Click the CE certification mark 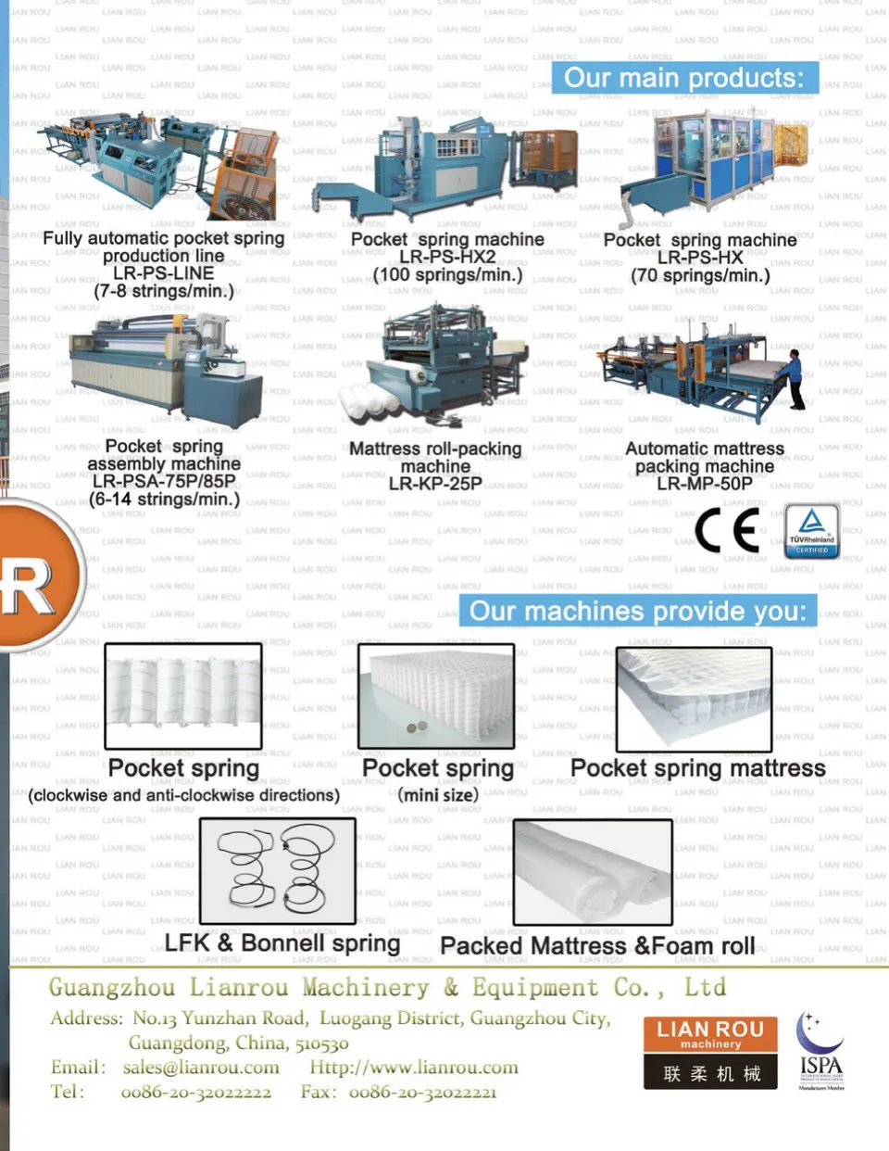[x=727, y=531]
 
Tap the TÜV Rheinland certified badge [x=811, y=531]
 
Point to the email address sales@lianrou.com [x=201, y=1068]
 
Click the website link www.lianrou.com [x=414, y=1068]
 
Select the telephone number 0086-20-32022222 [x=195, y=1093]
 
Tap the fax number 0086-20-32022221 [x=422, y=1093]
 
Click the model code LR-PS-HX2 [x=447, y=257]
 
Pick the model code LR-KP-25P [x=434, y=483]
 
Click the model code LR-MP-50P [x=705, y=483]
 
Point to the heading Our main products [x=684, y=78]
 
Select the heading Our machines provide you [x=638, y=611]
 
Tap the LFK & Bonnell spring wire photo [x=278, y=870]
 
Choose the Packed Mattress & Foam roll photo [x=593, y=871]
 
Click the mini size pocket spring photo [x=436, y=695]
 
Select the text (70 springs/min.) [x=700, y=275]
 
